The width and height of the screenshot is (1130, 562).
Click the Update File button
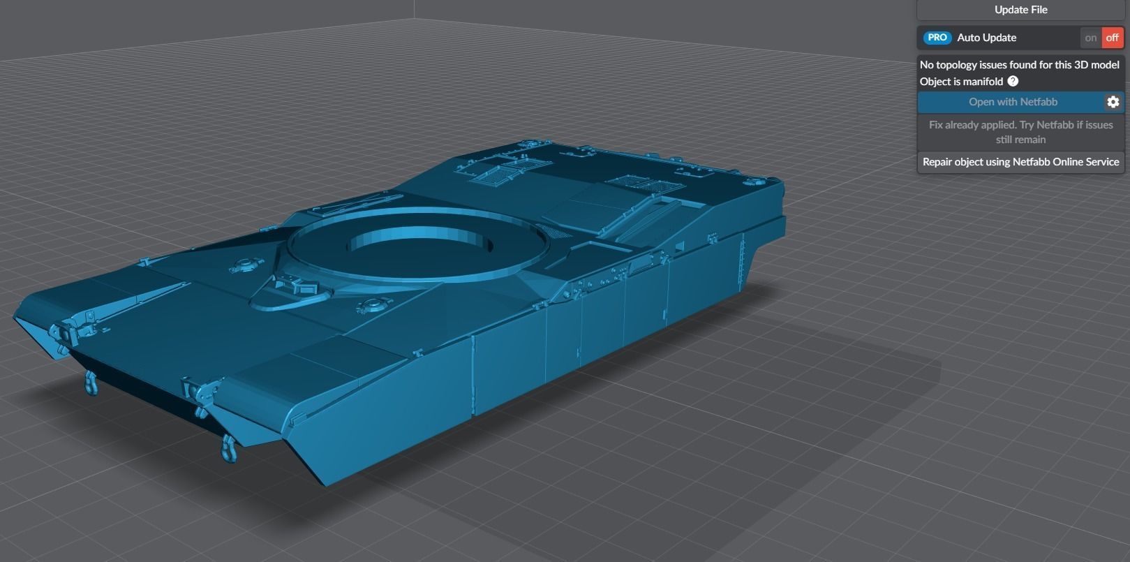[x=1020, y=10]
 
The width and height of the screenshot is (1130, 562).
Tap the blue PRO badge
[x=937, y=38]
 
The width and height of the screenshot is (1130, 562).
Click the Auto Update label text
[x=986, y=38]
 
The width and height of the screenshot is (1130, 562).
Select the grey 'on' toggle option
[x=1091, y=38]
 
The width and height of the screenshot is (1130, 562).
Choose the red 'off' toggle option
[x=1113, y=38]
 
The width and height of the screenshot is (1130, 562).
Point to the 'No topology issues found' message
[x=1019, y=65]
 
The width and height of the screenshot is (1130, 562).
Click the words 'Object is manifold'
[x=961, y=82]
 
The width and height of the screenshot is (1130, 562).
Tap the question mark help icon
[x=1013, y=82]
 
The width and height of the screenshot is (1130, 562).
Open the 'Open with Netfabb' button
[x=1012, y=102]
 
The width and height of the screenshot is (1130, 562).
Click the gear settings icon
[x=1113, y=102]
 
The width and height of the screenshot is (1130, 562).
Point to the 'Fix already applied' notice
[x=1020, y=132]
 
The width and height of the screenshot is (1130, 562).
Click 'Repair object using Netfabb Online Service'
[x=1020, y=162]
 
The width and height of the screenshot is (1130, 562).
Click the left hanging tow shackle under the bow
[x=91, y=383]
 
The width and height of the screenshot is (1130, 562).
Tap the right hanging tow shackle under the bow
[x=228, y=447]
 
